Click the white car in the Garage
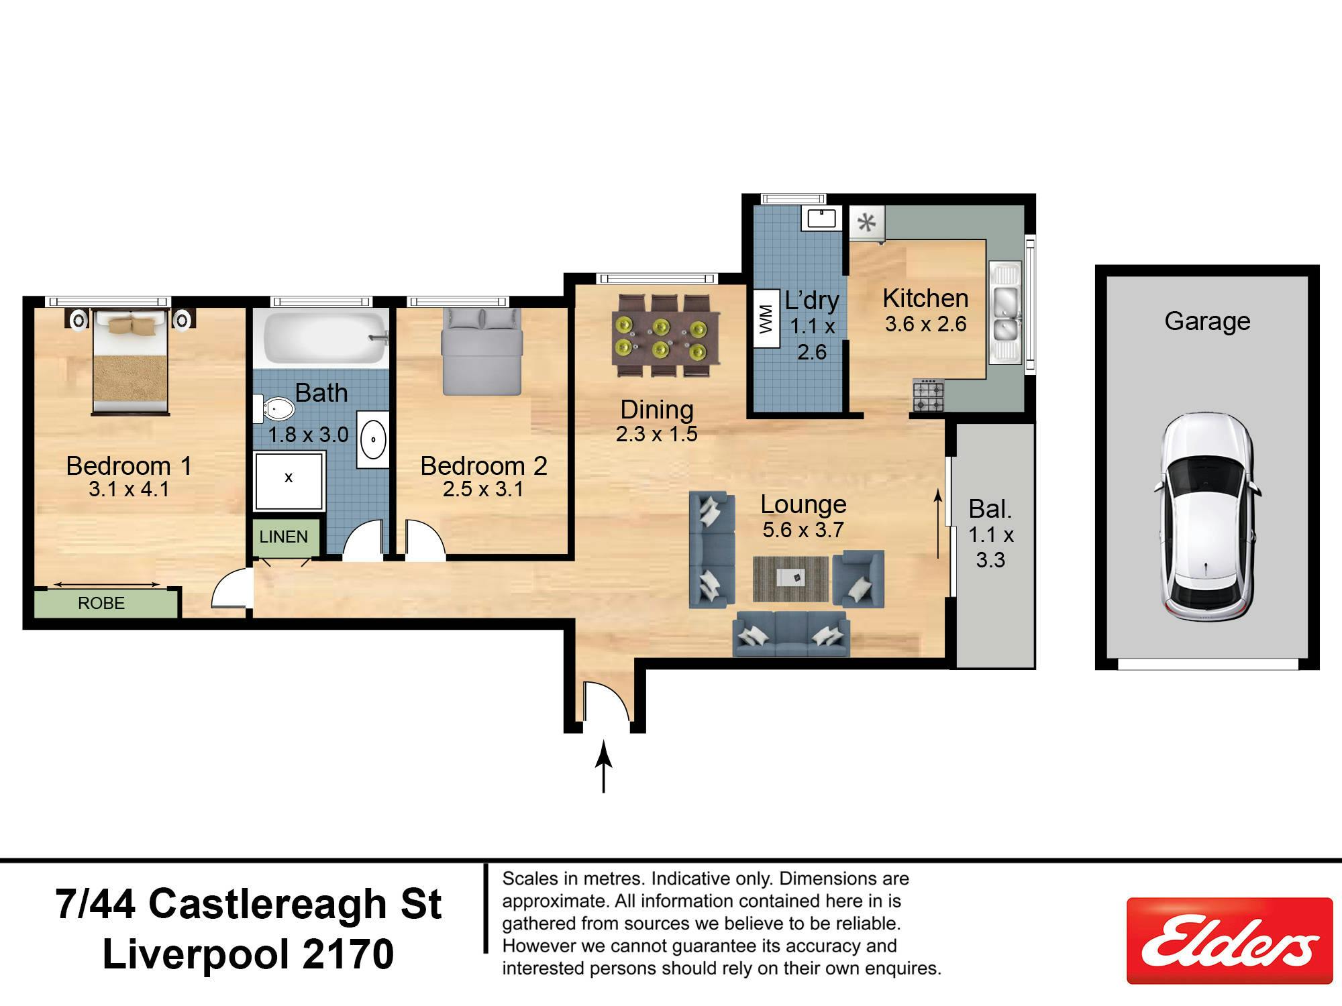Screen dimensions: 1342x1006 pos(1207,516)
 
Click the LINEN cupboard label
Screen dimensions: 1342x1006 pos(283,537)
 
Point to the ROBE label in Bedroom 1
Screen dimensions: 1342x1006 pos(101,603)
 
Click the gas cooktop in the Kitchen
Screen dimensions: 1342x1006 pos(928,395)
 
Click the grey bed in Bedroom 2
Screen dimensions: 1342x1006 pos(481,351)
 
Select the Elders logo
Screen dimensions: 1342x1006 pos(1229,940)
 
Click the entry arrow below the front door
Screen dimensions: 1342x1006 pos(604,766)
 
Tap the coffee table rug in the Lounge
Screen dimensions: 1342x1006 pos(790,579)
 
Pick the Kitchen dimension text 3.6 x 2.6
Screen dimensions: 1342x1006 pos(925,325)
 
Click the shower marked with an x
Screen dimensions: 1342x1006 pos(289,481)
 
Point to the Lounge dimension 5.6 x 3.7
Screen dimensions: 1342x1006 pos(803,530)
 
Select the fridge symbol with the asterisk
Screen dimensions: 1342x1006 pos(867,223)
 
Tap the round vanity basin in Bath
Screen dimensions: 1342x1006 pos(372,439)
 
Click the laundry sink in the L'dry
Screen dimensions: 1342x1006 pos(821,218)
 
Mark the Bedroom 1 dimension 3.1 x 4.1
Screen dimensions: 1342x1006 pos(129,490)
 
